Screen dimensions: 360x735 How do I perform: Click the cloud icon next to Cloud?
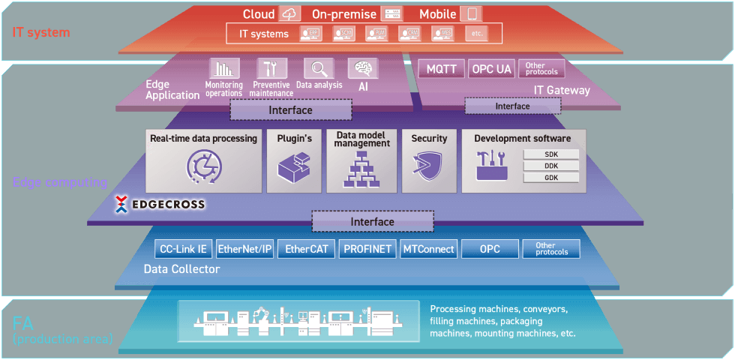289,14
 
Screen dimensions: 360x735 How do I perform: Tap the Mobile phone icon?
472,14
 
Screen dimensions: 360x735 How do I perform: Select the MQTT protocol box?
441,69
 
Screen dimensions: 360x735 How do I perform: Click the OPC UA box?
491,69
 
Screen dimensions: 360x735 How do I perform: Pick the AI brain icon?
363,69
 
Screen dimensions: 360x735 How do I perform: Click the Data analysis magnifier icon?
319,69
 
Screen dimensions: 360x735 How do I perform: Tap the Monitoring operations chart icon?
223,69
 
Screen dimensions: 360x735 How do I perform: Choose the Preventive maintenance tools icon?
271,69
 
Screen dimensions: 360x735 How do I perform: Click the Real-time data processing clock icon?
203,168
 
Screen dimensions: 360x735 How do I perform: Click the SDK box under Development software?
551,154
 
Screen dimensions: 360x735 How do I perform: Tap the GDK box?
551,178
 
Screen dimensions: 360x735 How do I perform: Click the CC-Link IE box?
184,249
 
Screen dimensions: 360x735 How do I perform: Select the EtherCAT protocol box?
307,249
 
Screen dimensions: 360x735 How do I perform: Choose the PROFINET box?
367,249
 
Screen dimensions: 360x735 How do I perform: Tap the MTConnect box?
429,249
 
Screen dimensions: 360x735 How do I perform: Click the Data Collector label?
181,268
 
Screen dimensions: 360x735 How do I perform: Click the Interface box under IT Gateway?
512,106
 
